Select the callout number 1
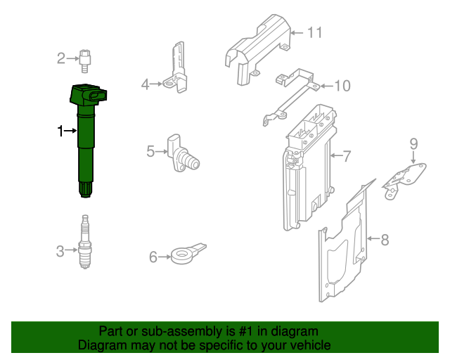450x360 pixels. (x=60, y=131)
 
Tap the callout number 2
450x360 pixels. (x=61, y=58)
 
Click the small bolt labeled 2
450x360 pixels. (x=86, y=60)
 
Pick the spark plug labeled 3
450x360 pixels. (x=85, y=243)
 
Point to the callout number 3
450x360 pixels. (x=60, y=250)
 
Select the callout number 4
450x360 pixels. (x=146, y=85)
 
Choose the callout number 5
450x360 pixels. (x=150, y=150)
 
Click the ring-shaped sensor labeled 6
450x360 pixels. (x=184, y=254)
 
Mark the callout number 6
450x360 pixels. (x=153, y=257)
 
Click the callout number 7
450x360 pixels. (x=347, y=155)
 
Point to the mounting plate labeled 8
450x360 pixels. (x=345, y=246)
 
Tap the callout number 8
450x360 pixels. (x=385, y=240)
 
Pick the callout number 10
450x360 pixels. (x=341, y=86)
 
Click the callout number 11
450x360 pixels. (x=314, y=32)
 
